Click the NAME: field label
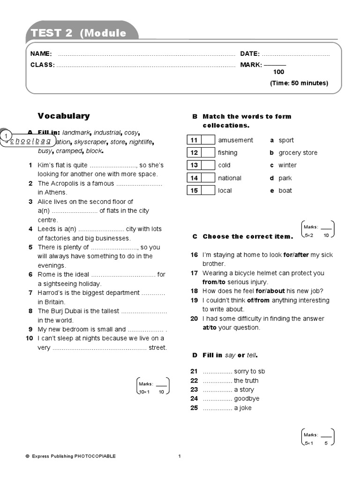coord(41,54)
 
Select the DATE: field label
coord(250,54)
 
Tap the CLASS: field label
coord(43,65)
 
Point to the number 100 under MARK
coord(278,72)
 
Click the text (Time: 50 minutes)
coord(299,83)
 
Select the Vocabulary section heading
coord(64,116)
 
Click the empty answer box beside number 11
coord(209,140)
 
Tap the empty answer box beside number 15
coord(209,190)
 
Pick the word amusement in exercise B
coord(235,140)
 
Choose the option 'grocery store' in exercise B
coord(298,153)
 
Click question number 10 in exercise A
coord(29,338)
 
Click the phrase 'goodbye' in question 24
coord(247,398)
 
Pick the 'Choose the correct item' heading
coord(247,237)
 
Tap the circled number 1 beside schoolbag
coord(6,136)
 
